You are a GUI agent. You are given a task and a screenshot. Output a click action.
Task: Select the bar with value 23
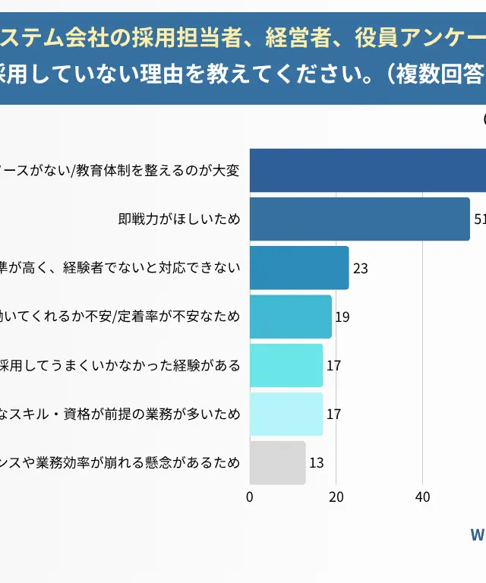coord(299,268)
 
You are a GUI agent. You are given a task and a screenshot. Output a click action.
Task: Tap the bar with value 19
coord(291,317)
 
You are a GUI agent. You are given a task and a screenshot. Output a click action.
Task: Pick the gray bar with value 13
coord(277,463)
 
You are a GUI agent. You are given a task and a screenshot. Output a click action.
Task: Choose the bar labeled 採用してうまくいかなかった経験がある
coord(286,365)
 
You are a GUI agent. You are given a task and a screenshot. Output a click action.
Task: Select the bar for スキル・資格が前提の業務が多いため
coord(286,414)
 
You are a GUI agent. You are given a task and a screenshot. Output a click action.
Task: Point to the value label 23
coord(361,269)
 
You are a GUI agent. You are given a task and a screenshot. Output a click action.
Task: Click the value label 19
coord(342,317)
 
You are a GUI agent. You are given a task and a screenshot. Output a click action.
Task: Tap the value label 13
coord(317,463)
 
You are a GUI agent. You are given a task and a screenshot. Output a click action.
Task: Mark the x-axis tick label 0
coord(250,497)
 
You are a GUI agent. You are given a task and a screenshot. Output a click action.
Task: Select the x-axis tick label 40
coord(422,497)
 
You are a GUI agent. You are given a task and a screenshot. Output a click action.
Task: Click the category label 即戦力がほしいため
coord(179,219)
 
